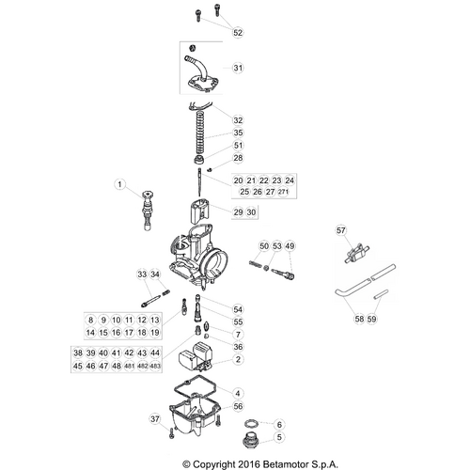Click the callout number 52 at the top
[x=238, y=32]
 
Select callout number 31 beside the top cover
[x=238, y=68]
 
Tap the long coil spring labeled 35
[x=199, y=132]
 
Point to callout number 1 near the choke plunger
[x=119, y=184]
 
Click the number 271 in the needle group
[x=283, y=192]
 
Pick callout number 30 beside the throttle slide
[x=251, y=212]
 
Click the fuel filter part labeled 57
[x=357, y=253]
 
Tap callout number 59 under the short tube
[x=371, y=319]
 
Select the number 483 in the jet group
[x=155, y=366]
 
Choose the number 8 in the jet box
[x=90, y=320]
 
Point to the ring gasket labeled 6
[x=252, y=425]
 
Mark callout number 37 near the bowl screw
[x=155, y=419]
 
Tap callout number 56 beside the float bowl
[x=238, y=406]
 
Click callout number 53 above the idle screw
[x=277, y=246]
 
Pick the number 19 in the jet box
[x=155, y=333]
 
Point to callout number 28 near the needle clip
[x=238, y=158]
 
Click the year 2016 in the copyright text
[x=248, y=464]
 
